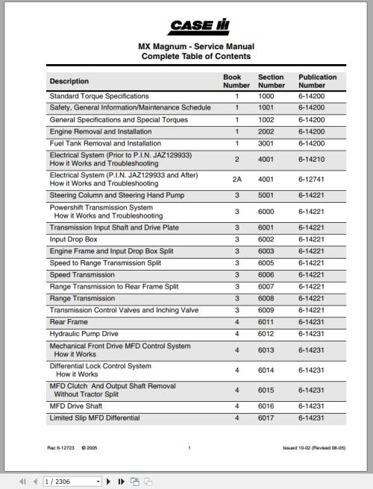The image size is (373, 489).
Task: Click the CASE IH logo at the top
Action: click(x=197, y=27)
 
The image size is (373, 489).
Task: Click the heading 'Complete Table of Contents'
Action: click(x=195, y=56)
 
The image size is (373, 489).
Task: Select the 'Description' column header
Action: click(x=69, y=81)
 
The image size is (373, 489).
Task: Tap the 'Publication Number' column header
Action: click(x=317, y=81)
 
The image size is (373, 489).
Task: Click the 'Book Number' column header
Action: click(x=236, y=81)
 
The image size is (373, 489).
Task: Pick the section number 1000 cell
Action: click(x=266, y=96)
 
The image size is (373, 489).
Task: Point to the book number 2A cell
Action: click(x=236, y=179)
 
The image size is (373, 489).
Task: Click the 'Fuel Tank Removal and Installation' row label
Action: click(x=104, y=143)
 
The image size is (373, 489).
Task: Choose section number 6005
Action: click(x=266, y=263)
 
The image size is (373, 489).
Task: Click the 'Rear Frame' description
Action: click(x=69, y=322)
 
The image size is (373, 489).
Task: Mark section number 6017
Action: click(x=266, y=418)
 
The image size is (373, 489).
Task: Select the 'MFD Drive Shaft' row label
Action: click(x=76, y=406)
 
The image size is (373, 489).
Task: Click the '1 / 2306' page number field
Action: click(x=72, y=482)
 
